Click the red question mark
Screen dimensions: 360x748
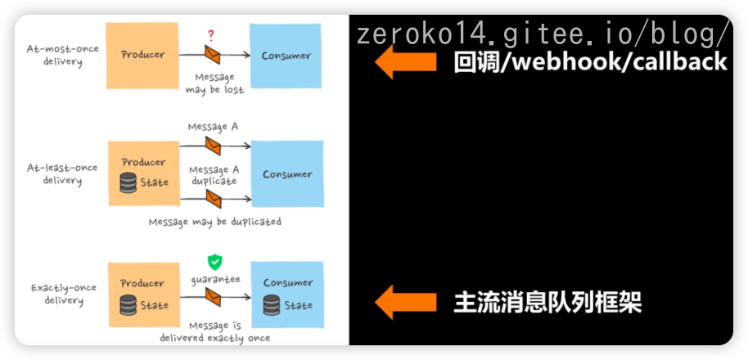coord(211,36)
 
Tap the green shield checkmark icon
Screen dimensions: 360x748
coord(214,262)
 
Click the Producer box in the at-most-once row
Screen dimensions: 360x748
coord(142,56)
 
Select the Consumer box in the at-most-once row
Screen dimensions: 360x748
coord(286,56)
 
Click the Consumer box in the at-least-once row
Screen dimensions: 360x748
coord(286,173)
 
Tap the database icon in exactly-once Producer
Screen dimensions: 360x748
coord(128,306)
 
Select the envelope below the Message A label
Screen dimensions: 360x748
coord(213,146)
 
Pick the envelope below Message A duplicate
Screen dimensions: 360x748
coord(213,199)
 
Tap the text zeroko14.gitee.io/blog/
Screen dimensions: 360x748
coord(543,34)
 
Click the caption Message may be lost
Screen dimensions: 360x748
coord(214,84)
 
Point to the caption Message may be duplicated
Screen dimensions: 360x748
coord(214,222)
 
